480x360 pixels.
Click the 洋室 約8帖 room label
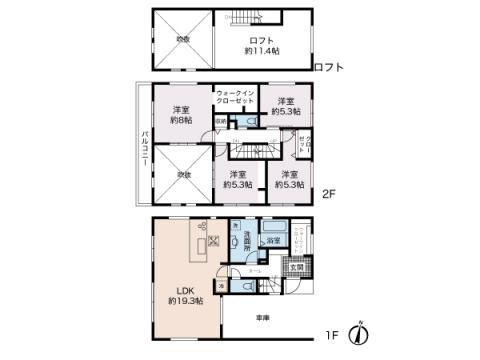tap(181, 114)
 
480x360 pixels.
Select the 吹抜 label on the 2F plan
tap(183, 175)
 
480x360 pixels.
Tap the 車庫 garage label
tap(262, 318)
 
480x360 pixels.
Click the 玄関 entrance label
tap(297, 267)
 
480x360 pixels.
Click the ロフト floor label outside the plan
tap(328, 67)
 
